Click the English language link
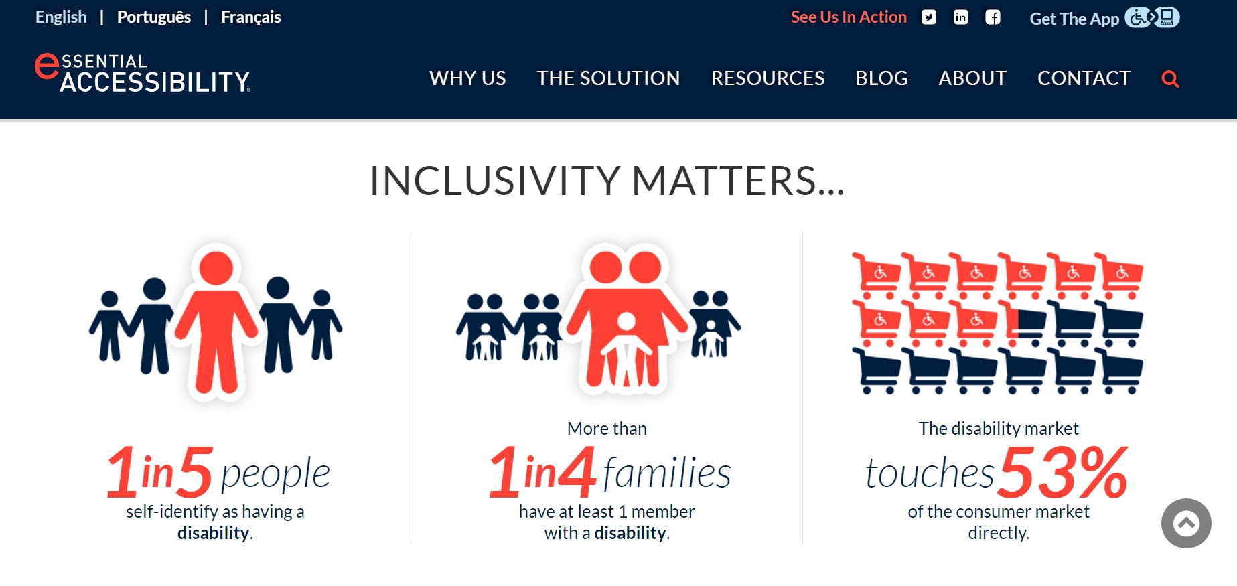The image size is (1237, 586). tap(61, 17)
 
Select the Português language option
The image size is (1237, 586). tap(154, 17)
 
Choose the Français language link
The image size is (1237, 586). tap(250, 17)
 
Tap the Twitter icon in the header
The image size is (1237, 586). tap(928, 17)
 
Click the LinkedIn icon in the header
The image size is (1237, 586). tap(960, 17)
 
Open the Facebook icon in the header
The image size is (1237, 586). tap(993, 17)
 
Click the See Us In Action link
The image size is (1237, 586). tap(849, 17)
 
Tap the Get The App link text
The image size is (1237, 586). tap(1074, 19)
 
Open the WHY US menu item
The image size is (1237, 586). tap(467, 78)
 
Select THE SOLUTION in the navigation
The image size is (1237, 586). tap(608, 78)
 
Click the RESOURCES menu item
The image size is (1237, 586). tap(768, 78)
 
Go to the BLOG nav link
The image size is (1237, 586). tap(881, 78)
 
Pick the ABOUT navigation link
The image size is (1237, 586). tap(972, 78)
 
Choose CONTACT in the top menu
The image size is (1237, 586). tap(1084, 78)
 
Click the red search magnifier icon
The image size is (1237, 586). tap(1170, 79)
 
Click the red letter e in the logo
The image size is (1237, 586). tap(46, 67)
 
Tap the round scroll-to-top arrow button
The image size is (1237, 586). tap(1186, 523)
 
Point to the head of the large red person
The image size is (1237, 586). tap(216, 268)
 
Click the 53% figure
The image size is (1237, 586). tap(1064, 473)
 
